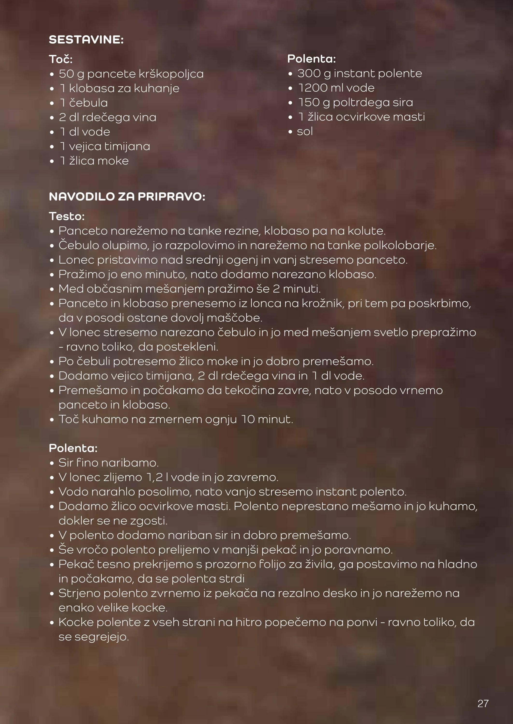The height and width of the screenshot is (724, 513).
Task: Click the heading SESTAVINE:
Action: (x=86, y=40)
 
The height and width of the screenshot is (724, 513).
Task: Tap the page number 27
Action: (x=483, y=703)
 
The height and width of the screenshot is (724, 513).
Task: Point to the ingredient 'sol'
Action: (x=305, y=131)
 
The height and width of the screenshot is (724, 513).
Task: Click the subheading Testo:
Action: (x=67, y=216)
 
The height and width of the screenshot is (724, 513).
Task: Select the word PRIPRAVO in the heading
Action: (x=171, y=197)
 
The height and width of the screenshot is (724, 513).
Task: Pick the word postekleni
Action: (x=187, y=347)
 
